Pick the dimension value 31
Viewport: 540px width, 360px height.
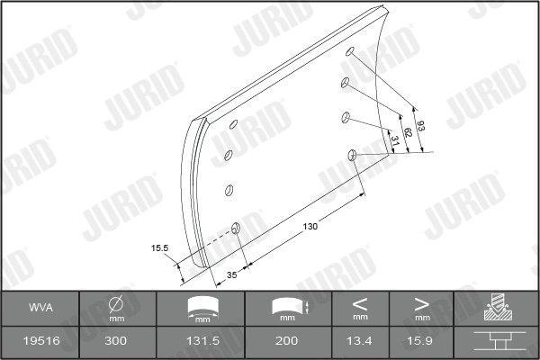tap(394, 139)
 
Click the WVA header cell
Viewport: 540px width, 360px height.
tap(40, 307)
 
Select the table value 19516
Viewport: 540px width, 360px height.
tap(40, 342)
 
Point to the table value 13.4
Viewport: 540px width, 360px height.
tap(360, 342)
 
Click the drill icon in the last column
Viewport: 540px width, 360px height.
tap(495, 307)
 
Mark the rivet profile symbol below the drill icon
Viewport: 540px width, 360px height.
tap(495, 342)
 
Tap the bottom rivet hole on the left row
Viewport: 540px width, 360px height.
tap(237, 228)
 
